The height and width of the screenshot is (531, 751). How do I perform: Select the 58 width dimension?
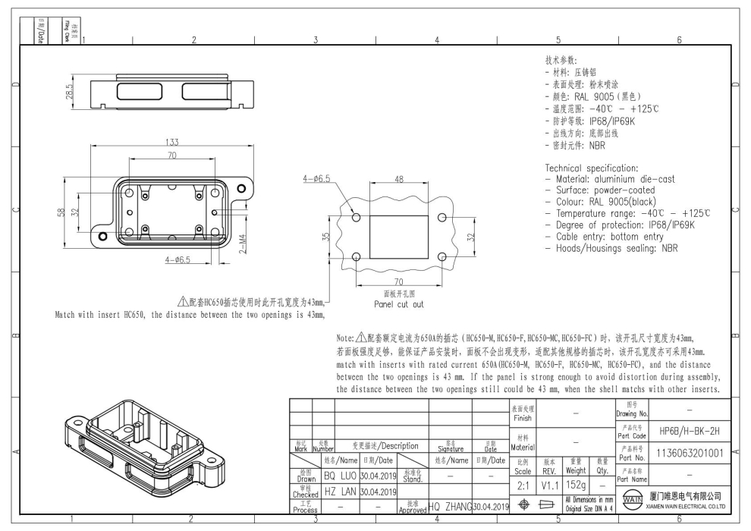coord(61,212)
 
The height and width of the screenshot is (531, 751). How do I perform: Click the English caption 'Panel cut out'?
coord(399,304)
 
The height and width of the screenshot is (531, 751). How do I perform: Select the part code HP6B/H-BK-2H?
coord(680,429)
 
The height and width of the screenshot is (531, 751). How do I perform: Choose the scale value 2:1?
coord(521,485)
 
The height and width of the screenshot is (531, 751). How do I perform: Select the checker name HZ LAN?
coord(340,492)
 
